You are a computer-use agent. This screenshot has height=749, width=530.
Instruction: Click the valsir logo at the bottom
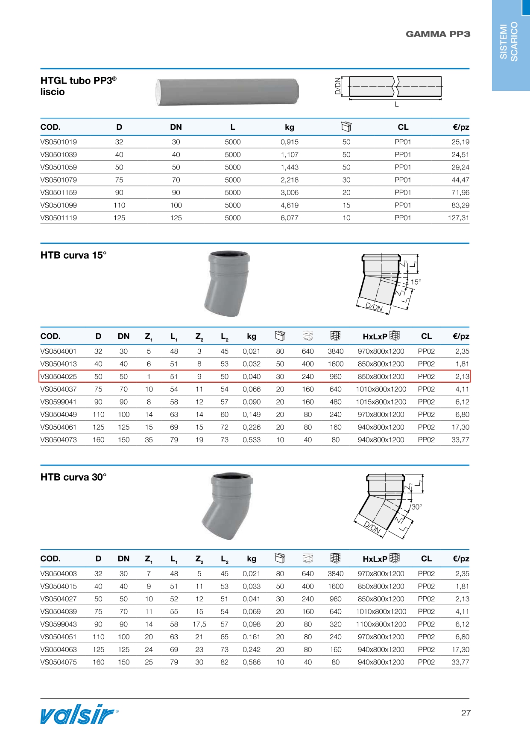pyautogui.click(x=79, y=714)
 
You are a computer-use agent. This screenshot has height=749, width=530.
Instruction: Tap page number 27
pyautogui.click(x=466, y=713)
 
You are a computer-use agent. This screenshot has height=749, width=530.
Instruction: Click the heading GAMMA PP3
pyautogui.click(x=438, y=34)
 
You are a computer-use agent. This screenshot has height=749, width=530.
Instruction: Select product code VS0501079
pyautogui.click(x=59, y=180)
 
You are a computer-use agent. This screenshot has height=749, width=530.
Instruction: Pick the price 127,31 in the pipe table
pyautogui.click(x=459, y=218)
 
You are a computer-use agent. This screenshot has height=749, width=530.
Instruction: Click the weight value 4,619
pyautogui.click(x=289, y=205)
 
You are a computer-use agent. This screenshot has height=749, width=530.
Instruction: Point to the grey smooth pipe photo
pyautogui.click(x=227, y=91)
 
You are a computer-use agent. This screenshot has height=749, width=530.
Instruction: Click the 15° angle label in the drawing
pyautogui.click(x=416, y=282)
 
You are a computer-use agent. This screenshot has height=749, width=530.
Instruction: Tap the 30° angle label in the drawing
pyautogui.click(x=416, y=507)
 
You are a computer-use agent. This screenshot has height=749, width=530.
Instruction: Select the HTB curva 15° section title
pyautogui.click(x=73, y=255)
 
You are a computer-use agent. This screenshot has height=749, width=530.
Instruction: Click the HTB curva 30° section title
pyautogui.click(x=73, y=477)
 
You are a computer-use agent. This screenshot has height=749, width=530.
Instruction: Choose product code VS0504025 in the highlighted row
pyautogui.click(x=59, y=377)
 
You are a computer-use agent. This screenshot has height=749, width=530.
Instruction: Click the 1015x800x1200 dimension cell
pyautogui.click(x=381, y=402)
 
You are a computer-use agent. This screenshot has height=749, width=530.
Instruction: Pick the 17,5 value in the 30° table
pyautogui.click(x=199, y=624)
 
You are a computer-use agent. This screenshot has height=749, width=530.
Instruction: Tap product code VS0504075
pyautogui.click(x=59, y=662)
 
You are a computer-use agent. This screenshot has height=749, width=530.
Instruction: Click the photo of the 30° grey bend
pyautogui.click(x=227, y=506)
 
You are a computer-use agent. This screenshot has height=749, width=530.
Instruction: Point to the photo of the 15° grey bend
pyautogui.click(x=227, y=283)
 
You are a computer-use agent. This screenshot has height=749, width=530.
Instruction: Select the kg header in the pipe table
pyautogui.click(x=289, y=127)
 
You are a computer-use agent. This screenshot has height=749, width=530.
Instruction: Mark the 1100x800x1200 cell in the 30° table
pyautogui.click(x=381, y=624)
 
